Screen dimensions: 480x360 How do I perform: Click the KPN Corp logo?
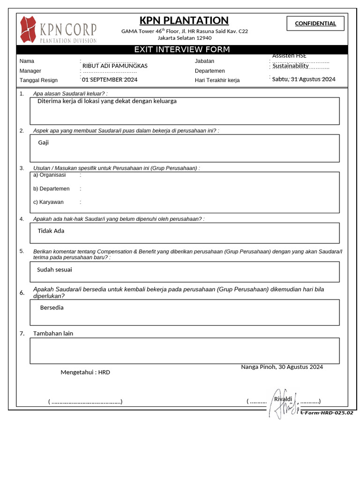pyautogui.click(x=58, y=30)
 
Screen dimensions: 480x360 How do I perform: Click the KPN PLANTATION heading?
pyautogui.click(x=184, y=21)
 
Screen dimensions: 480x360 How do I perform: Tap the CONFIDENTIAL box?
pyautogui.click(x=315, y=23)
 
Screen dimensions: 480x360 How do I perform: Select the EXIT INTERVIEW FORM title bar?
pyautogui.click(x=182, y=50)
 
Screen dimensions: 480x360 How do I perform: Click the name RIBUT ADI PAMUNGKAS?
pyautogui.click(x=115, y=66)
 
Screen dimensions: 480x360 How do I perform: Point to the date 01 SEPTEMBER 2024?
pyautogui.click(x=110, y=80)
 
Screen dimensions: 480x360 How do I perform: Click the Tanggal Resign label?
pyautogui.click(x=38, y=80)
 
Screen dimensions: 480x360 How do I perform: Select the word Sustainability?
pyautogui.click(x=291, y=66)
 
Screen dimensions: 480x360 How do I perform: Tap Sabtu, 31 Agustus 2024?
pyautogui.click(x=304, y=79)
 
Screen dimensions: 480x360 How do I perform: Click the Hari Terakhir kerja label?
pyautogui.click(x=217, y=80)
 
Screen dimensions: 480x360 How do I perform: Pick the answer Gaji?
pyautogui.click(x=44, y=142)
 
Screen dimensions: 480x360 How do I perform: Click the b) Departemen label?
pyautogui.click(x=51, y=188)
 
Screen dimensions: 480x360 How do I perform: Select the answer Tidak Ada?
pyautogui.click(x=51, y=231)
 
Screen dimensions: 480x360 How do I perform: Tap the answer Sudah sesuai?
pyautogui.click(x=54, y=270)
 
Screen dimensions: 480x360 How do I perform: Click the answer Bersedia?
pyautogui.click(x=52, y=308)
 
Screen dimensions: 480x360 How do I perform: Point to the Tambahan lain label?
pyautogui.click(x=53, y=333)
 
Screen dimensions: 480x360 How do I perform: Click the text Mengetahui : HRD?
pyautogui.click(x=85, y=372)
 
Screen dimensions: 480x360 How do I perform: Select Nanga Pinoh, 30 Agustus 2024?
pyautogui.click(x=282, y=367)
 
